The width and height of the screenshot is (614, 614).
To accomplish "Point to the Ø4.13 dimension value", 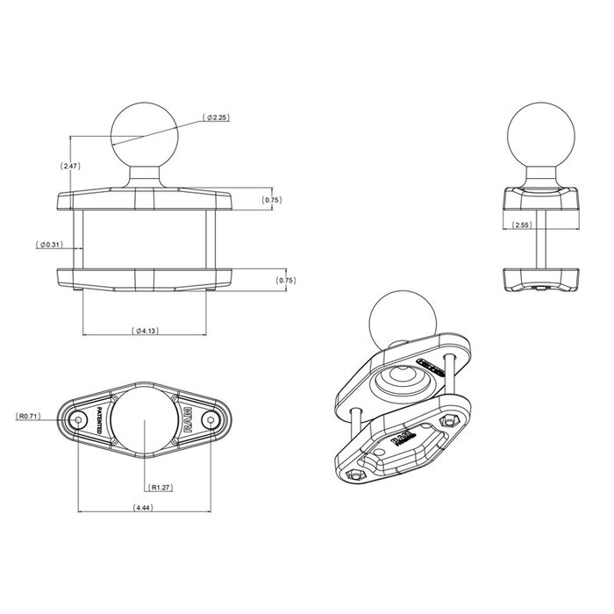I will pyautogui.click(x=145, y=331).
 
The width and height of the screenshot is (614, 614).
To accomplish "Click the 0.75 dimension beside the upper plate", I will pyautogui.click(x=273, y=201).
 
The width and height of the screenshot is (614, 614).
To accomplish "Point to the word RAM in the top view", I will pyautogui.click(x=189, y=421).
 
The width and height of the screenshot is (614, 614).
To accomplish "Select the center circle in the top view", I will pyautogui.click(x=144, y=420).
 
